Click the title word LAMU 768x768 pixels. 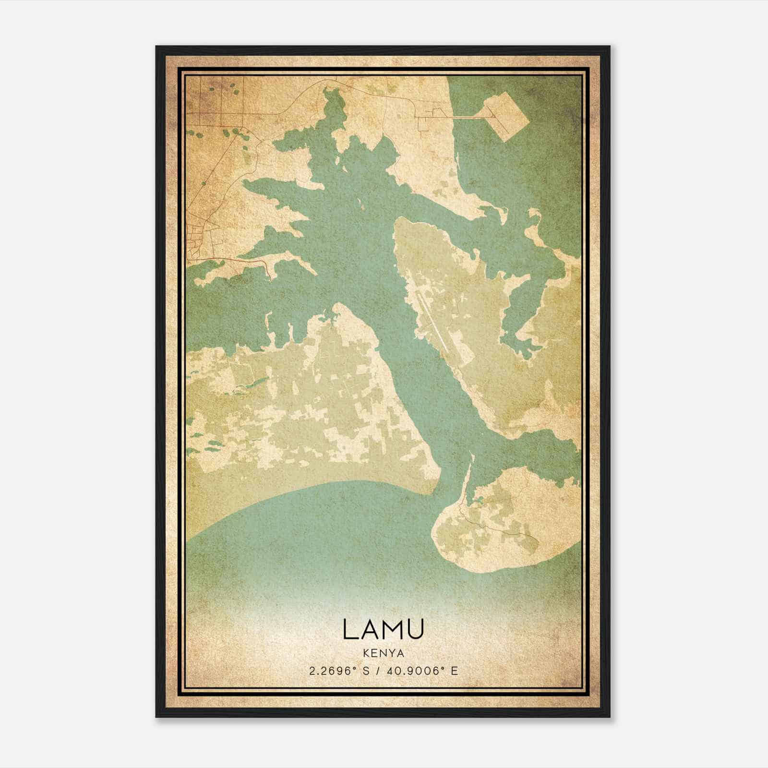click(x=383, y=630)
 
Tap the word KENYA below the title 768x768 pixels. click(x=383, y=653)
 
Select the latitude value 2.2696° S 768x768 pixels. click(x=338, y=671)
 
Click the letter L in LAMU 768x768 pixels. click(x=350, y=630)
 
